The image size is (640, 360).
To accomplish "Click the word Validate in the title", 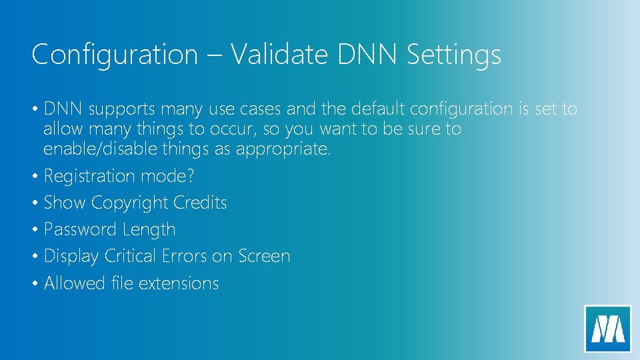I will pos(280,54).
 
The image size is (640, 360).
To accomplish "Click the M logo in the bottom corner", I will pos(607,329).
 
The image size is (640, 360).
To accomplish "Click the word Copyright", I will pos(129,203).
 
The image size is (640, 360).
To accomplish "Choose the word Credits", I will pos(200,203).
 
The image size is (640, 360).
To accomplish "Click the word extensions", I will pos(179,283).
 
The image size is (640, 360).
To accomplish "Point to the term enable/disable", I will pos(99,149).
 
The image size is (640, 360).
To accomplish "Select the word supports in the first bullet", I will pos(113,109).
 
